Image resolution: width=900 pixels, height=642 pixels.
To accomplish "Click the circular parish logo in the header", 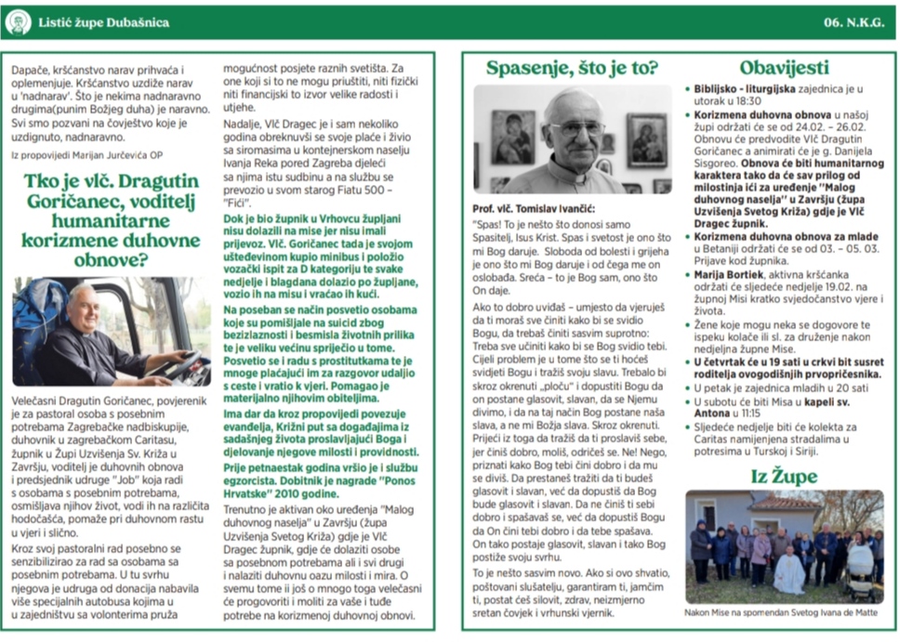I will click(x=18, y=22).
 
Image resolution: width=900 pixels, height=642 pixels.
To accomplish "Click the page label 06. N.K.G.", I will click(x=853, y=22).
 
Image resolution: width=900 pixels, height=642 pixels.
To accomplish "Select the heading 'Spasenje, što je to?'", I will click(x=572, y=68).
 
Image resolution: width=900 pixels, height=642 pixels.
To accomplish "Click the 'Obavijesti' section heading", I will click(x=784, y=68).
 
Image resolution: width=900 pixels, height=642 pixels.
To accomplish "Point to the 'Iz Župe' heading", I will click(x=784, y=477).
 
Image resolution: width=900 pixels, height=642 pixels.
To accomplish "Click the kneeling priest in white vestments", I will click(x=788, y=570).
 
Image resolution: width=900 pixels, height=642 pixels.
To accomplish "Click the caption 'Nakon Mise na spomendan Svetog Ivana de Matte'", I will click(x=783, y=613).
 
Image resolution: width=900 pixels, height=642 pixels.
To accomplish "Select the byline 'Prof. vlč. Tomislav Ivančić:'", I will click(x=533, y=208).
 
